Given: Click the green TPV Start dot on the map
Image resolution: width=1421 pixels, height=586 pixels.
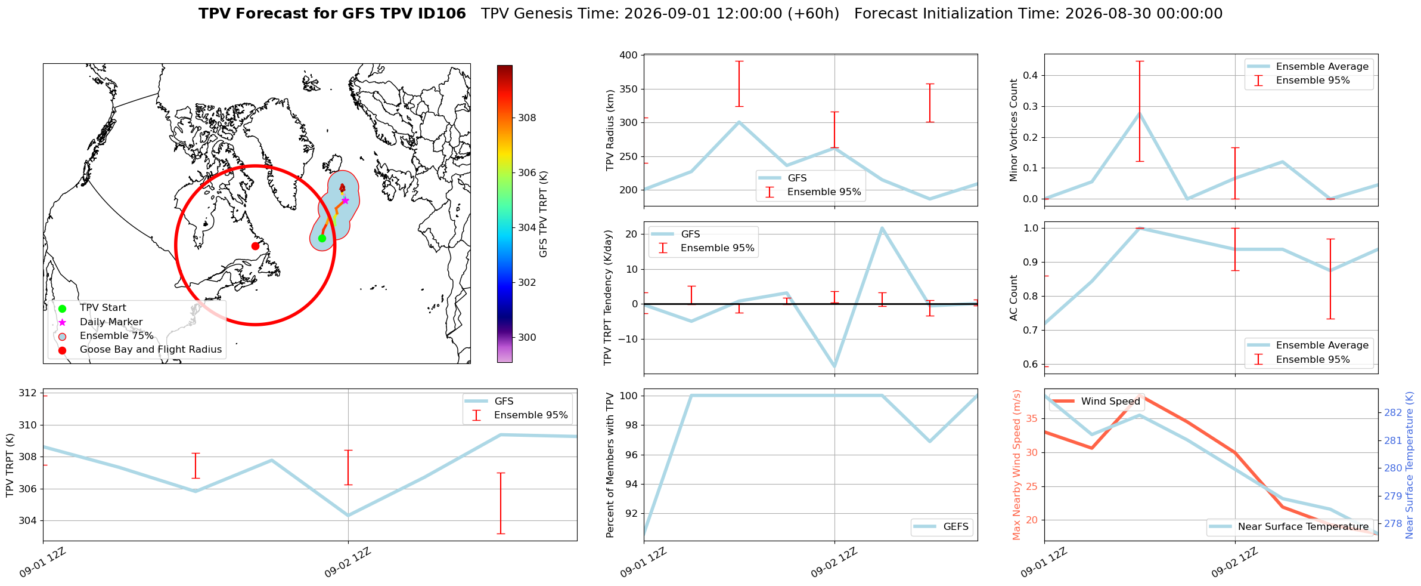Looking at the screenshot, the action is (322, 238).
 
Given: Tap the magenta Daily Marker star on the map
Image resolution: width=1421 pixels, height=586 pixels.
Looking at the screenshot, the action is (345, 201).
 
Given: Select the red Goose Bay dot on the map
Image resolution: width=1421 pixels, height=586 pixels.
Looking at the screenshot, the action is (255, 246).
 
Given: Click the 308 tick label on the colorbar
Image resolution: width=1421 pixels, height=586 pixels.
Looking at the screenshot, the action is (527, 118).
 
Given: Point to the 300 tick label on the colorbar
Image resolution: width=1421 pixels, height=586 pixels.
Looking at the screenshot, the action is (527, 337).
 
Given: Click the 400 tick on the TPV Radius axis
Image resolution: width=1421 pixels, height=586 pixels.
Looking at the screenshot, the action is (629, 55).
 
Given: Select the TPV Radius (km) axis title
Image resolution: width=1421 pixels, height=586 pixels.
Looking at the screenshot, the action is (610, 130).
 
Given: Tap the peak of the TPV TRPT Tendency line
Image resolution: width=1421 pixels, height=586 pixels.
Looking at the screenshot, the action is (882, 228).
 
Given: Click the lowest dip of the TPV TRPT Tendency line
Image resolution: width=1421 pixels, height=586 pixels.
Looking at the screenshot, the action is (834, 366).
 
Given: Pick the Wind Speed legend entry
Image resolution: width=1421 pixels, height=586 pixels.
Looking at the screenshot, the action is (1096, 401).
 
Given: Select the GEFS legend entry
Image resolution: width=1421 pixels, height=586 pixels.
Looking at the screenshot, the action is (942, 526).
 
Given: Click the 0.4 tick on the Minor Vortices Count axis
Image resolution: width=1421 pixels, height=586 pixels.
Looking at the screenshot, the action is (1030, 75).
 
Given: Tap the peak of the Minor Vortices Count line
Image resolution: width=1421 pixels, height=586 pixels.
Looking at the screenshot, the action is (1140, 113).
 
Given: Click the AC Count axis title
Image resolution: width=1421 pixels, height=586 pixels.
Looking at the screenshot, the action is (1014, 298).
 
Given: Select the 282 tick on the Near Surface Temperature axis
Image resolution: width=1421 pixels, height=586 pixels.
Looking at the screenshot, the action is (1393, 412).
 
